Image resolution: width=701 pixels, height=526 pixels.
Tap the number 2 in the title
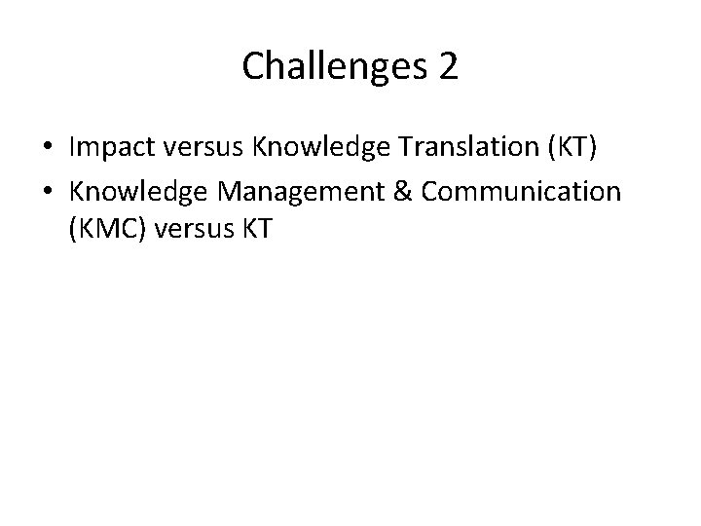coord(448,66)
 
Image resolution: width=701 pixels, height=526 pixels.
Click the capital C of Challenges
coord(252,66)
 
